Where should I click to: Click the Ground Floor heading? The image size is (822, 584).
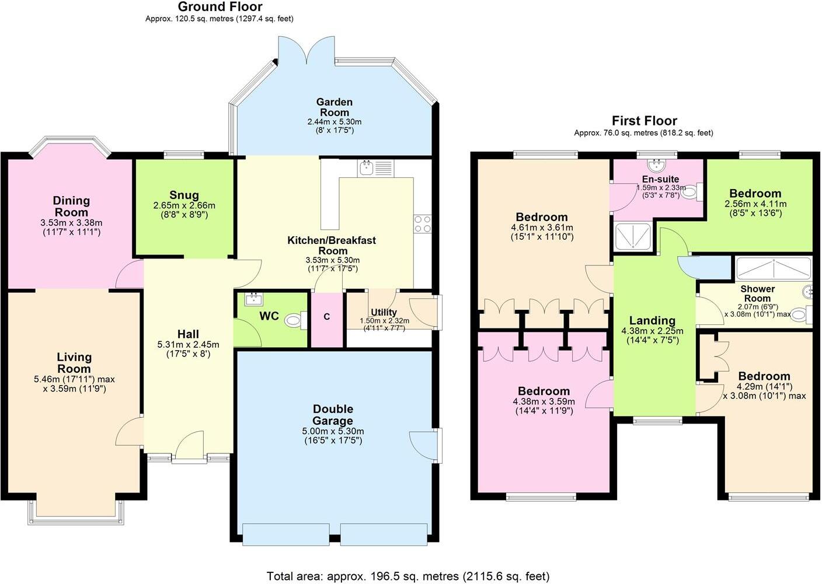click(220, 7)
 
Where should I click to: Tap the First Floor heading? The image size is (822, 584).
click(644, 121)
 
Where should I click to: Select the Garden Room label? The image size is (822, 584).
click(335, 107)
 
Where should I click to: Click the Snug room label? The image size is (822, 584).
click(184, 195)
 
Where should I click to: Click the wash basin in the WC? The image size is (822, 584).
click(253, 300)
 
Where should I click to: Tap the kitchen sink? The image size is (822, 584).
click(367, 169)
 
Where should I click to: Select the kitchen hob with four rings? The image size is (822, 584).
click(422, 223)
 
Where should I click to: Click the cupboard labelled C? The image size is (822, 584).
click(327, 317)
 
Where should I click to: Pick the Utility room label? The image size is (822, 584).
click(384, 312)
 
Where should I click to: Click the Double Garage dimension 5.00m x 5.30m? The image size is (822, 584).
click(333, 431)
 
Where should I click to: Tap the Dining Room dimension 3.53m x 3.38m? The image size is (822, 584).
click(71, 222)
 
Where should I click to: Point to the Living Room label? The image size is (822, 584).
click(74, 362)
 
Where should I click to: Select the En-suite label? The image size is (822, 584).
click(660, 179)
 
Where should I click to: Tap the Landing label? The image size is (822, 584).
click(652, 320)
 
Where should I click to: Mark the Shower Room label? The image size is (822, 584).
click(757, 293)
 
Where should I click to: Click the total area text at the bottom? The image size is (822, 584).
click(408, 576)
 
